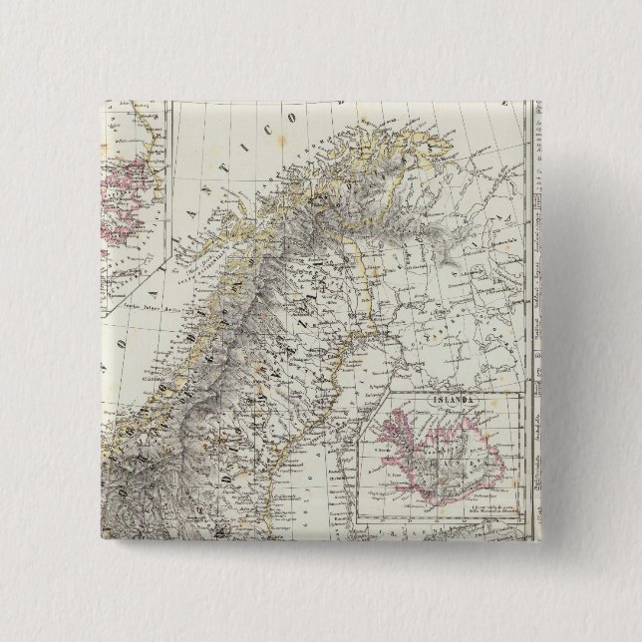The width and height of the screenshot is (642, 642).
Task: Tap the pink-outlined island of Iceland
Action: [443, 458]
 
